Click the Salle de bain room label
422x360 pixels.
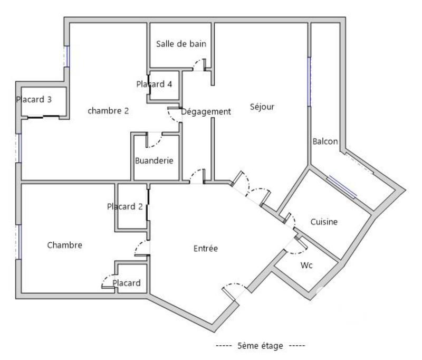tap(181, 44)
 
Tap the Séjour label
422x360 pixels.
tap(262, 107)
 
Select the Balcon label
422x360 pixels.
tap(325, 141)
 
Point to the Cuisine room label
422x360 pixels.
tap(323, 222)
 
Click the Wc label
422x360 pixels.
tap(306, 266)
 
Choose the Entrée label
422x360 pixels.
tap(205, 249)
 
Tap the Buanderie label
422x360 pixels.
tap(154, 160)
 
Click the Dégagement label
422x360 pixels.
tap(206, 111)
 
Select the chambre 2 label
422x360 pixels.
tap(108, 111)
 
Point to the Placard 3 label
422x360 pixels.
tap(34, 99)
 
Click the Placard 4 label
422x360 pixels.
tap(154, 84)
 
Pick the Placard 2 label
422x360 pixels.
tap(124, 206)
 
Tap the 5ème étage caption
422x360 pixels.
tap(260, 346)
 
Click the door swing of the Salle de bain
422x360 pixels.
tap(199, 64)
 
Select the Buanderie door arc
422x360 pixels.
tap(154, 140)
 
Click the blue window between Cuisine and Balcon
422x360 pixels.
tap(342, 186)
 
